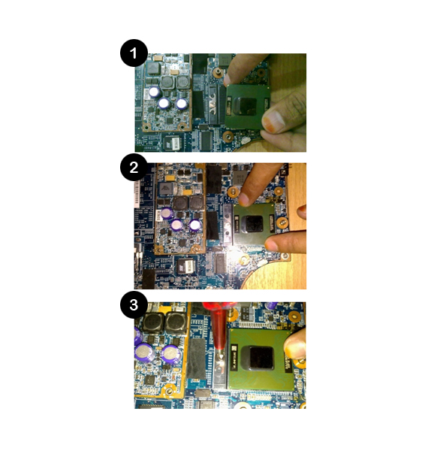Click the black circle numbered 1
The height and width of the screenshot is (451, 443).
134,53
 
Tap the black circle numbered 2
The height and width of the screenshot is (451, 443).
134,168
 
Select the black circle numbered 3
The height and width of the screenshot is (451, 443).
134,304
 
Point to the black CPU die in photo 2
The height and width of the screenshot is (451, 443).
254,224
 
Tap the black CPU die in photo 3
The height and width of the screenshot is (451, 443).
261,358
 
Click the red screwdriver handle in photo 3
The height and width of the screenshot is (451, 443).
219,321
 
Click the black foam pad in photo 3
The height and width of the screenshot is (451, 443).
196,359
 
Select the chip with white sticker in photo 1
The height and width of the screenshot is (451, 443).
173,142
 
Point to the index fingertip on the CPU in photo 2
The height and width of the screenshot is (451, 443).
244,199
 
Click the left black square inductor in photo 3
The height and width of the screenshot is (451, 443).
153,323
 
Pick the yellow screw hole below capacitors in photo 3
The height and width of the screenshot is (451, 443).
169,392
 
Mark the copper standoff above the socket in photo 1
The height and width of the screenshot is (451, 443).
218,72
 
